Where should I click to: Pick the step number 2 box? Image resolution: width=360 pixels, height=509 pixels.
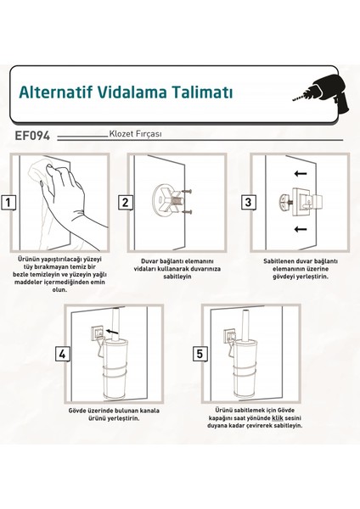(x=124, y=203)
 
